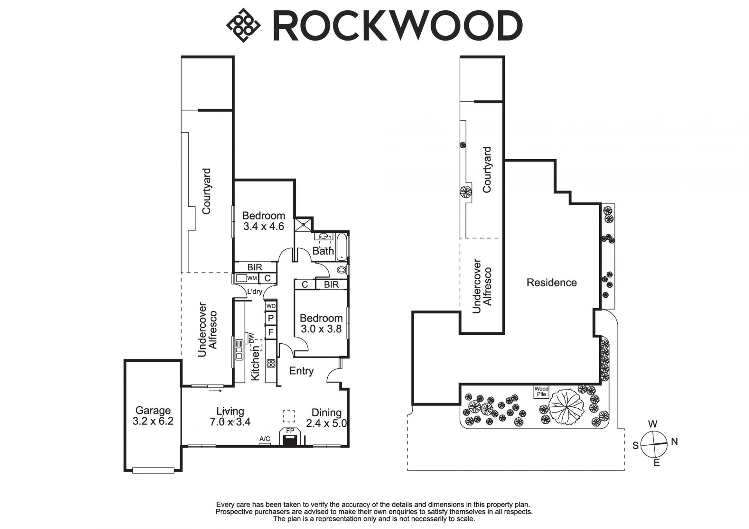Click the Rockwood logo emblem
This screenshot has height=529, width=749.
pyautogui.click(x=243, y=25)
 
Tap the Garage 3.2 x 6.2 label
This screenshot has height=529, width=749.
pyautogui.click(x=153, y=416)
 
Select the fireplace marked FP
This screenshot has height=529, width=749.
pyautogui.click(x=290, y=437)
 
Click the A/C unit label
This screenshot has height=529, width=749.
pyautogui.click(x=265, y=439)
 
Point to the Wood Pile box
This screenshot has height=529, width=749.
pyautogui.click(x=541, y=391)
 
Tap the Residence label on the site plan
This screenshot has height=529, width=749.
pyautogui.click(x=551, y=282)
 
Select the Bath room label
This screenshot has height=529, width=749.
pyautogui.click(x=323, y=251)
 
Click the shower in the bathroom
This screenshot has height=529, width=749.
pyautogui.click(x=304, y=224)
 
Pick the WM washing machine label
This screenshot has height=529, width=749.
pyautogui.click(x=252, y=278)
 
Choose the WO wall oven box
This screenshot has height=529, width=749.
pyautogui.click(x=271, y=305)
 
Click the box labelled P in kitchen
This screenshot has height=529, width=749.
pyautogui.click(x=271, y=318)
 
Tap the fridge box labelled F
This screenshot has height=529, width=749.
pyautogui.click(x=271, y=332)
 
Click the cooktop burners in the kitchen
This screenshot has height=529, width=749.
pyautogui.click(x=271, y=363)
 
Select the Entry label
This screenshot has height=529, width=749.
pyautogui.click(x=301, y=371)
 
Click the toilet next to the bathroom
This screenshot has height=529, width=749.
pyautogui.click(x=341, y=270)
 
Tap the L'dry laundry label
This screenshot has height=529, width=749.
pyautogui.click(x=255, y=291)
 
